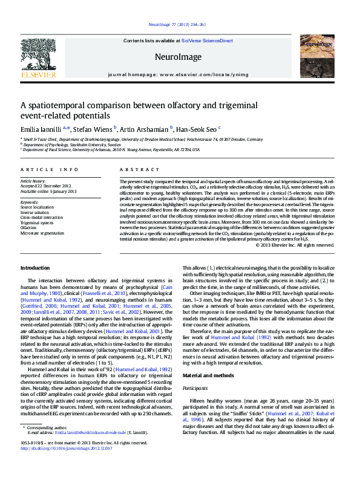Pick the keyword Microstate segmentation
(42, 232)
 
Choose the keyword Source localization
(37, 207)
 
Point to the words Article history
(33, 181)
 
